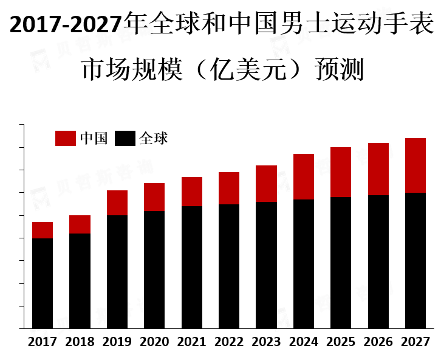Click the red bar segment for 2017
[43, 230]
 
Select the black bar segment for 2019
[117, 272]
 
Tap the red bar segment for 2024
[304, 176]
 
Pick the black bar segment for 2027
[415, 261]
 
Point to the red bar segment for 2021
[192, 192]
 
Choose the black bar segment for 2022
[229, 266]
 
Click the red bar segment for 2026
[378, 169]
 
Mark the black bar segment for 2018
[80, 281]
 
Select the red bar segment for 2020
[154, 197]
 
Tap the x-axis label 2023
[266, 342]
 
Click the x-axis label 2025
[341, 342]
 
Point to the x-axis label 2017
[43, 342]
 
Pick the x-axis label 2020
[154, 342]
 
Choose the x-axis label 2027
[415, 342]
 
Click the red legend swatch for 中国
[66, 139]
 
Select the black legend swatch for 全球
[125, 139]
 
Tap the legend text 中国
[94, 139]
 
